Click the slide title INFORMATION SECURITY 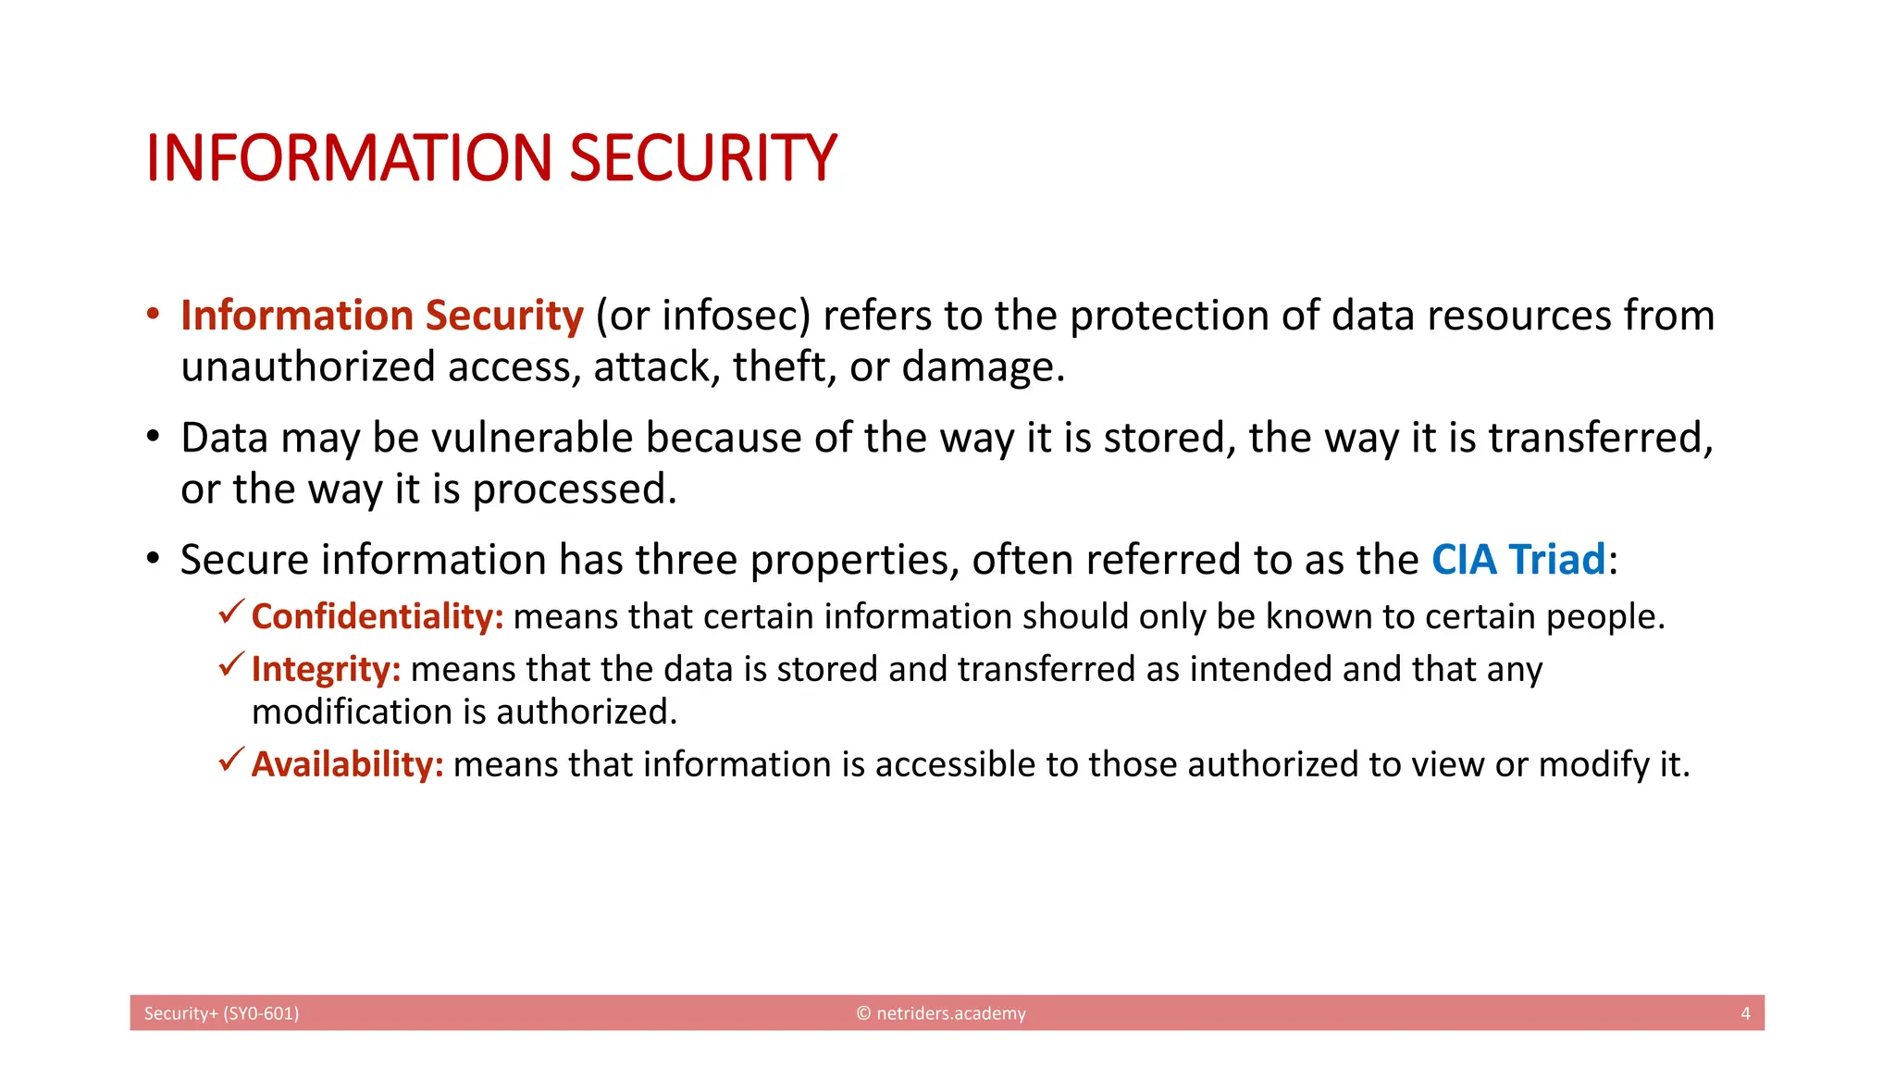491,158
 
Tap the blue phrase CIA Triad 1518,560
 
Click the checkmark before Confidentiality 231,612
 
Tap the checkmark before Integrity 231,664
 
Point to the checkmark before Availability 231,760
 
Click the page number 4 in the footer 1745,1013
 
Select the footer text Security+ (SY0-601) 221,1013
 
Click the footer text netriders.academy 950,1013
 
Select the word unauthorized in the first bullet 308,367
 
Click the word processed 574,490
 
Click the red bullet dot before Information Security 154,313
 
